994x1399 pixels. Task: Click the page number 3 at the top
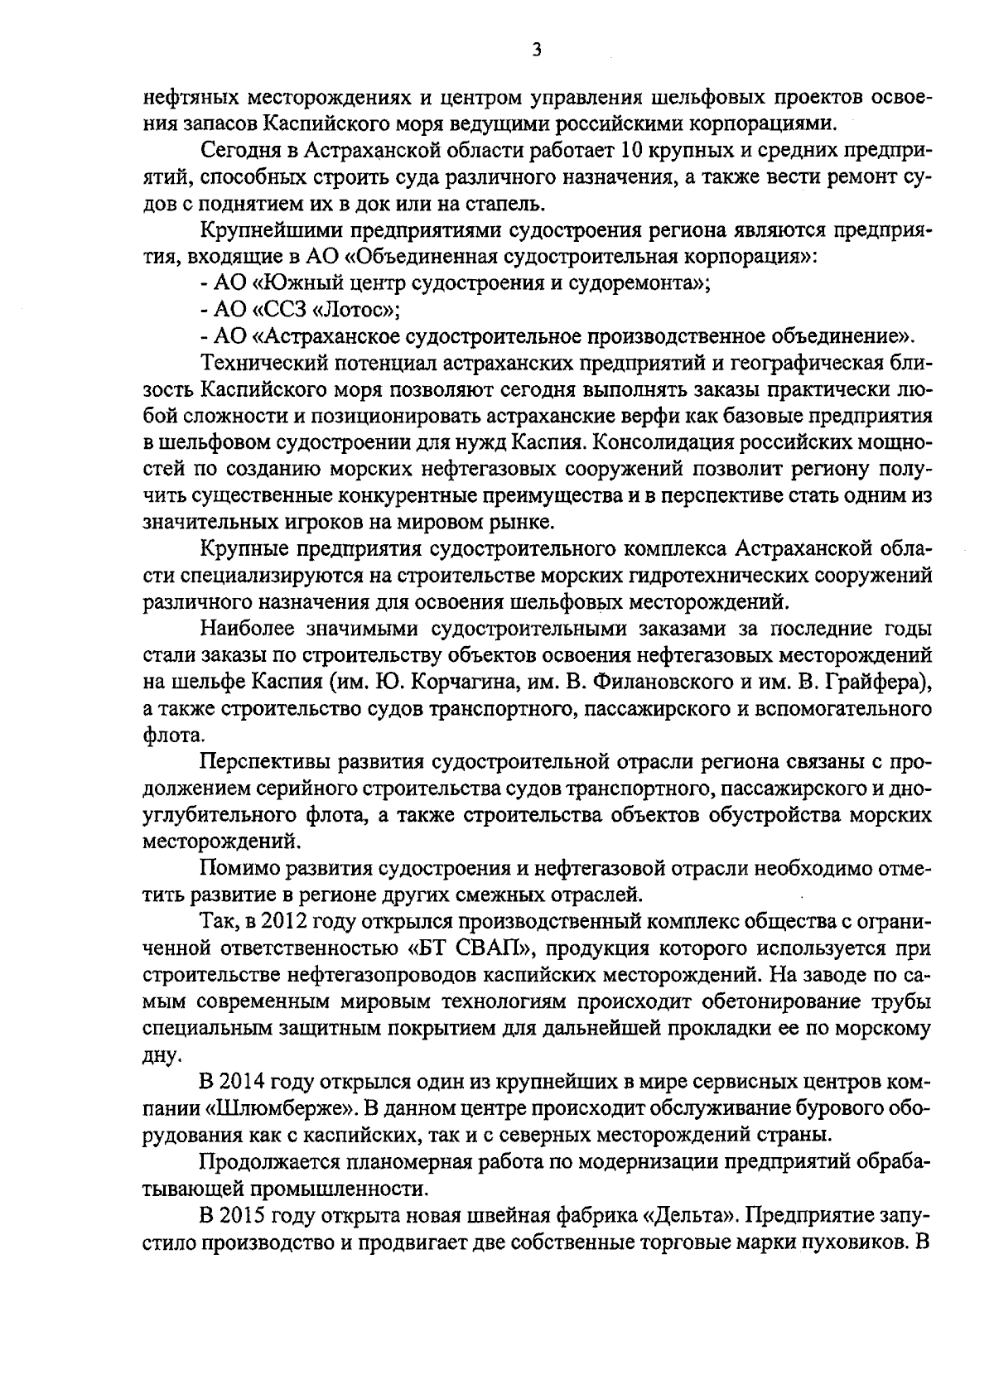536,51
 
